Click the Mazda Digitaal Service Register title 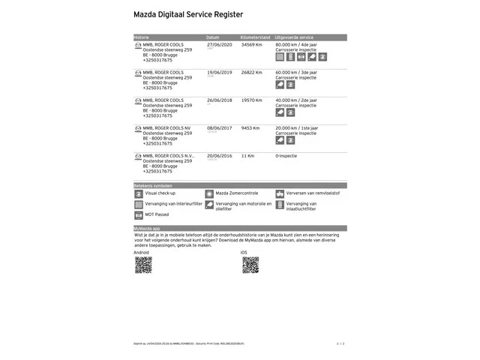click(x=187, y=14)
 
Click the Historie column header click(x=142, y=37)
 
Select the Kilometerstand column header click(x=256, y=37)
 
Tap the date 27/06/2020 click(x=219, y=44)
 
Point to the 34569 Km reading click(x=252, y=44)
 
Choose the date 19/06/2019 click(x=219, y=72)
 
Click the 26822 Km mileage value click(x=252, y=72)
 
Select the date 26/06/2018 click(x=219, y=100)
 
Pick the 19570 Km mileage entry click(x=252, y=100)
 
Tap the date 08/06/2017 click(x=219, y=127)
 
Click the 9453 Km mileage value click(x=250, y=127)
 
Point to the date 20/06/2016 click(x=219, y=155)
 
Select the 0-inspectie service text click(x=287, y=155)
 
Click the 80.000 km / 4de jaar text click(x=296, y=44)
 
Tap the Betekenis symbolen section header click(x=153, y=184)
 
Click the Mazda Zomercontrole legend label click(x=237, y=193)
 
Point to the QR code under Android click(x=143, y=265)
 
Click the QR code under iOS click(x=250, y=265)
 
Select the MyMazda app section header click(x=147, y=228)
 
